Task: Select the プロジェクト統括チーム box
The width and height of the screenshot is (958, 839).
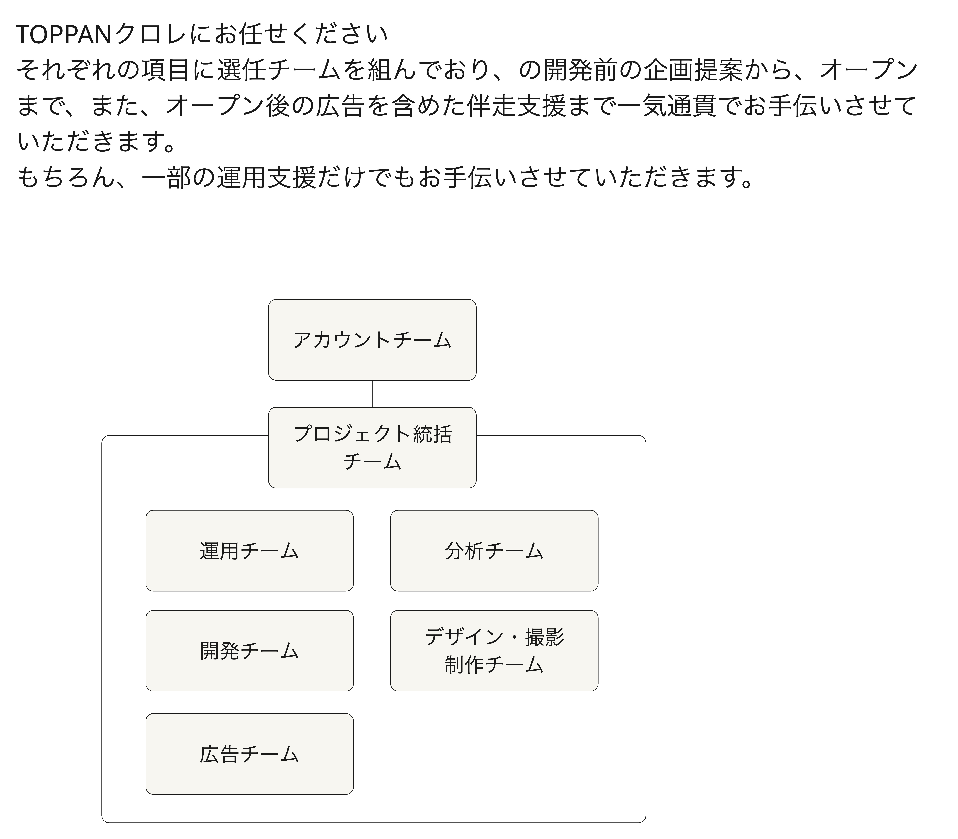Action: click(x=372, y=448)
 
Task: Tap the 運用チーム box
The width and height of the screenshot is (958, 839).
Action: click(x=250, y=551)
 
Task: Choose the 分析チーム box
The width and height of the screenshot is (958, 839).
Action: click(x=494, y=551)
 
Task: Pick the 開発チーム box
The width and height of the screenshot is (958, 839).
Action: click(x=250, y=651)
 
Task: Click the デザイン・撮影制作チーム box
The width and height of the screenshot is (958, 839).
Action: click(x=494, y=651)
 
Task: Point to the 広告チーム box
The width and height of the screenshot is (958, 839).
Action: click(x=250, y=754)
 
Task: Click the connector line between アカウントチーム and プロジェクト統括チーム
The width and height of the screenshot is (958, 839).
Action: click(x=372, y=394)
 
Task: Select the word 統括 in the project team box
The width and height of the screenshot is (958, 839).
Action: click(x=433, y=434)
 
